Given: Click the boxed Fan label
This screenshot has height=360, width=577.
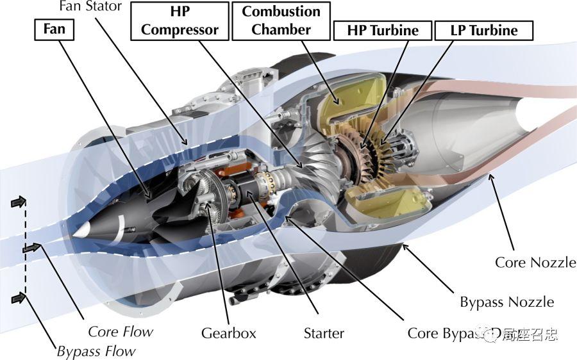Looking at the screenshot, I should [53, 29].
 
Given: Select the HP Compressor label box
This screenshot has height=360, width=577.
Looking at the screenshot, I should [180, 20].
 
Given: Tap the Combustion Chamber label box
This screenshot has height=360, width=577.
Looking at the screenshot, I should [281, 20].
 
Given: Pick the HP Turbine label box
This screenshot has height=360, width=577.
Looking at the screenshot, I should [382, 30].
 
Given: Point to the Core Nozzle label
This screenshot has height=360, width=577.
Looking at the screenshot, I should [535, 262].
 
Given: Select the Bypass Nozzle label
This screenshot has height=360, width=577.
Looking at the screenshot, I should [506, 302].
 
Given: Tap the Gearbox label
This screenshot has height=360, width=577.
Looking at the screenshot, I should [228, 333].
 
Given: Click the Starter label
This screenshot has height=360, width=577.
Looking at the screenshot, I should [324, 333].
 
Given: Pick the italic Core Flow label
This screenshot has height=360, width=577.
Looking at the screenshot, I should [121, 331].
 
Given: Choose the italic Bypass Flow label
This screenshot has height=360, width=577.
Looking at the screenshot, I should [96, 351].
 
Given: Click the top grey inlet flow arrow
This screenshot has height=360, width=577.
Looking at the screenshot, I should [20, 202].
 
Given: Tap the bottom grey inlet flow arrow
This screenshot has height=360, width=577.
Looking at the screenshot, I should [20, 297].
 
